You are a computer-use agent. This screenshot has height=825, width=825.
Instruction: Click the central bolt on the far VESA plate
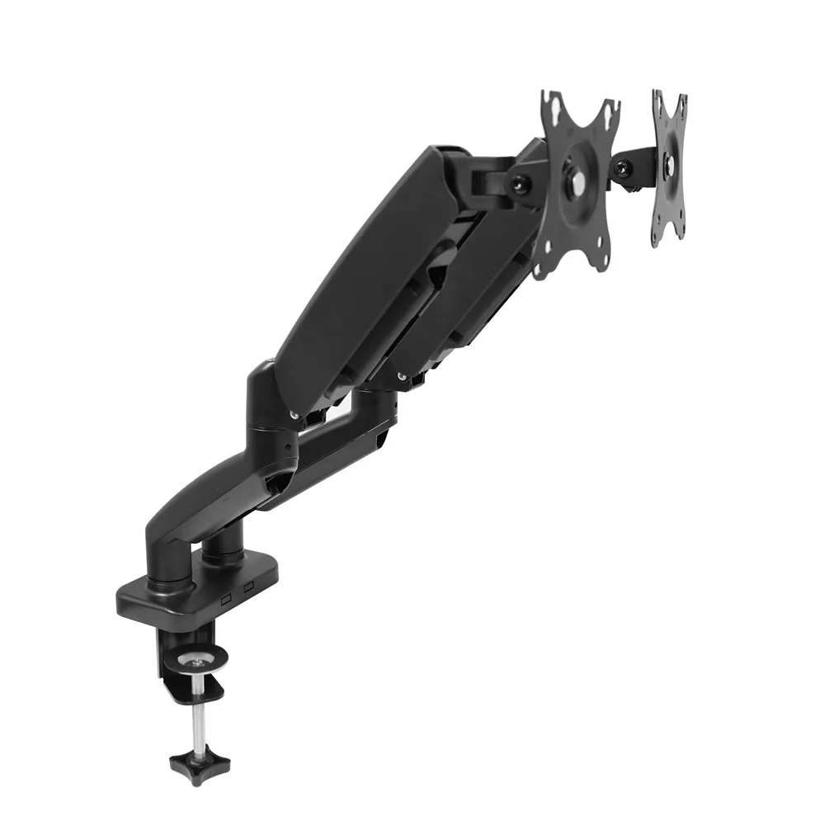point(669,164)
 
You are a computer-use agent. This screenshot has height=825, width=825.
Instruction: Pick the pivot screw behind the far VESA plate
point(621,169)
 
